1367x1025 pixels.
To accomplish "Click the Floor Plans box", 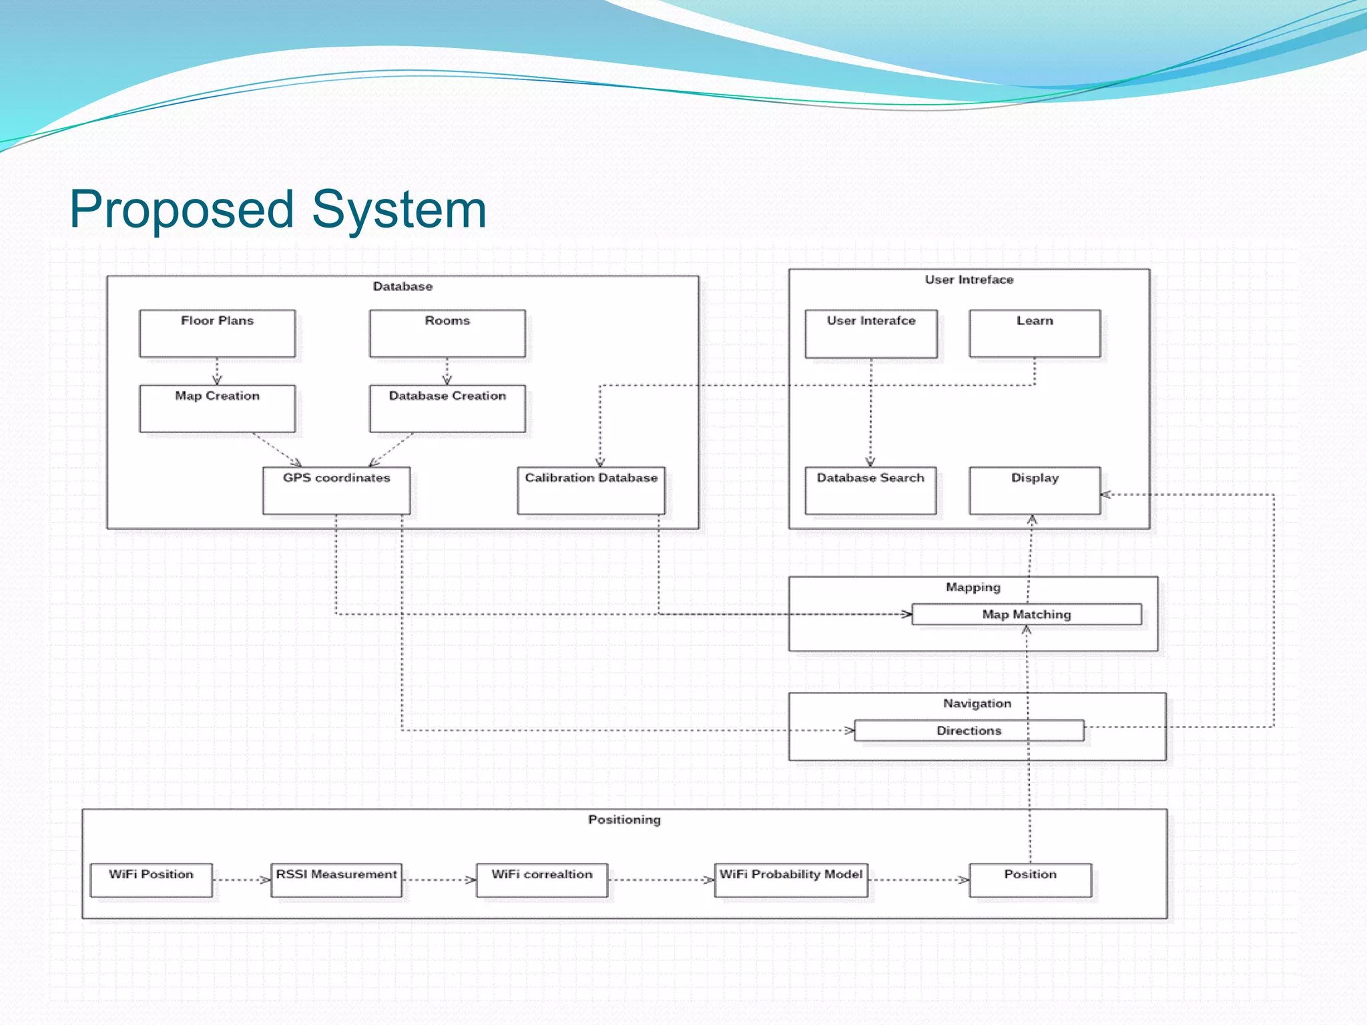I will (x=217, y=333).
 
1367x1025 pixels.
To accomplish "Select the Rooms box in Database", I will (x=447, y=333).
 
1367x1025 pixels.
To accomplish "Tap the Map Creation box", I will (x=217, y=408).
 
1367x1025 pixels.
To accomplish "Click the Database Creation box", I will (x=447, y=408).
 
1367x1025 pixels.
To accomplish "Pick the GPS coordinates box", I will (x=336, y=490).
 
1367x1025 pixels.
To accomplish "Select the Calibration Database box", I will (x=591, y=490).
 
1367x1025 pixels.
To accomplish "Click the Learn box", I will (x=1035, y=333).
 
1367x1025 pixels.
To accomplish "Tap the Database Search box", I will (x=870, y=490).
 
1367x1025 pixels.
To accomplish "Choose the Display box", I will (x=1035, y=490).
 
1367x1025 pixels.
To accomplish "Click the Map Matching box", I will (x=1026, y=614).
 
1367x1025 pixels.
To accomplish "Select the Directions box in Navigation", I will (x=969, y=730).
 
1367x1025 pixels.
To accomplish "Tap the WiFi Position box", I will (x=151, y=880).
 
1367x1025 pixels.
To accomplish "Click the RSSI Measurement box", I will (x=336, y=880).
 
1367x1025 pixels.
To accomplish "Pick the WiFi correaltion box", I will (x=541, y=880).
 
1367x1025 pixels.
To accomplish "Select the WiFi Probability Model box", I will (x=791, y=880).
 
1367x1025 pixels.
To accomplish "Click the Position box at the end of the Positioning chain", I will (x=1030, y=880).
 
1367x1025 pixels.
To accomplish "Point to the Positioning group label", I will (x=624, y=819).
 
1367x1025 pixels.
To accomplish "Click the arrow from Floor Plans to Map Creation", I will (x=217, y=371).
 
